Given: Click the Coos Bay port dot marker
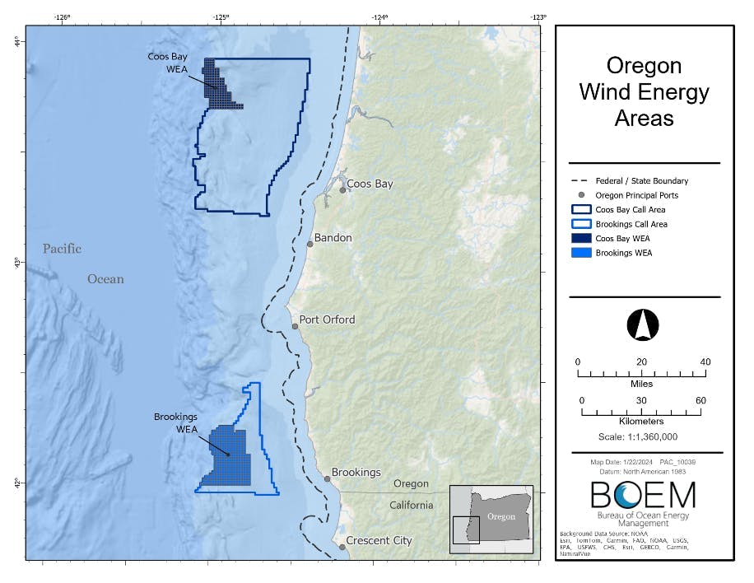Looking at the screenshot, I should [x=342, y=190].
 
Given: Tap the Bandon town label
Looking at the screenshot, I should [x=333, y=238].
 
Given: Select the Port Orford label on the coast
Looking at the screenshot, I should [x=327, y=319].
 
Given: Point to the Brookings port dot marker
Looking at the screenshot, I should [x=327, y=478].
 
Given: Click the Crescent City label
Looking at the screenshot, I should [x=379, y=541].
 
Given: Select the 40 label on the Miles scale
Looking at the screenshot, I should [x=705, y=362].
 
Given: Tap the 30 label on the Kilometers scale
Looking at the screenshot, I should [x=641, y=401].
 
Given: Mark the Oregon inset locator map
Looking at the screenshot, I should [x=492, y=518].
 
